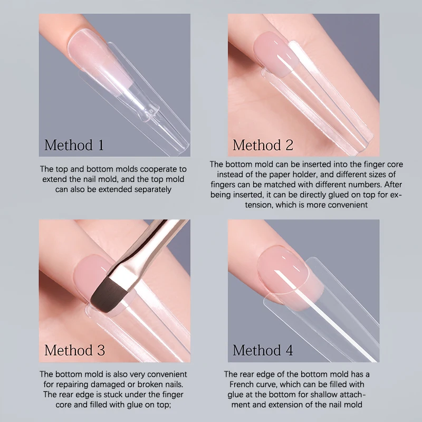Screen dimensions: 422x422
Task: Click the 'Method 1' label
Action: tap(74, 145)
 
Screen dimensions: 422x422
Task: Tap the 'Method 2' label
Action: tap(263, 145)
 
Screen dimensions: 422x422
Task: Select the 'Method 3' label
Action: tap(74, 350)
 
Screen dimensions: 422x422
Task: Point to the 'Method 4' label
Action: tap(263, 350)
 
